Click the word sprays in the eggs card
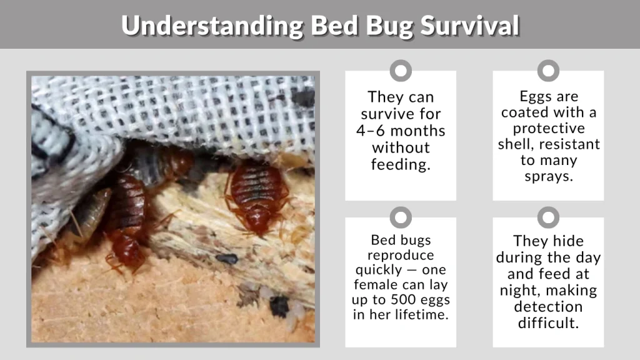548,176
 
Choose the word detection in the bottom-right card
548,306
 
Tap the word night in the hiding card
519,290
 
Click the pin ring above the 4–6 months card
401,71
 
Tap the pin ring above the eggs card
548,71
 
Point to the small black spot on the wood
226,258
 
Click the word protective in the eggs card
548,128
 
